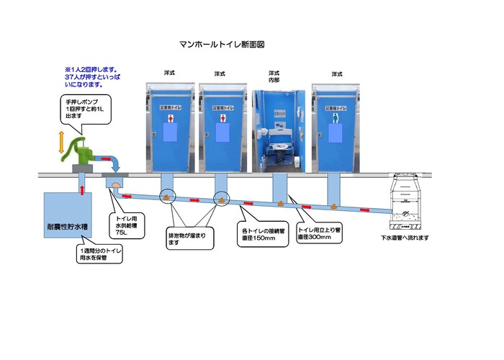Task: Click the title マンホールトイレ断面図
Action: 222,44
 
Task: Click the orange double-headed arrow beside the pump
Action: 61,142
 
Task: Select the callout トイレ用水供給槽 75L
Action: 127,223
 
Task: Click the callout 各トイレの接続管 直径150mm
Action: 263,233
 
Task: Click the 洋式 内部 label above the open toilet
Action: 274,77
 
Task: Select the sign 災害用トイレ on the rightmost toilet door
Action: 336,108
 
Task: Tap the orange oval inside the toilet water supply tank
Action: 115,185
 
